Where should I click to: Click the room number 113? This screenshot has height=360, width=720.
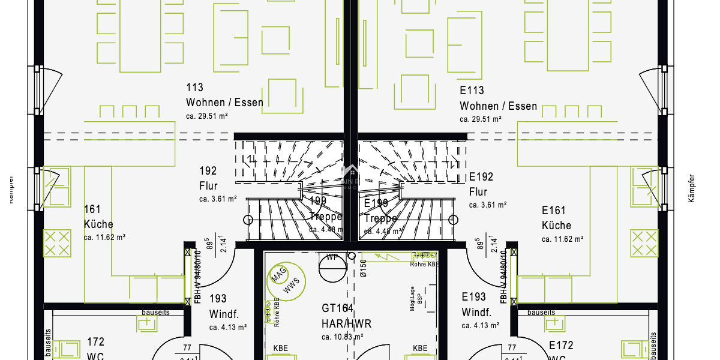[194, 88]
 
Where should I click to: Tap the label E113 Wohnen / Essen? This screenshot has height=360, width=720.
[498, 98]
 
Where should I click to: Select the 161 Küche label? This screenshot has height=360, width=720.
[98, 217]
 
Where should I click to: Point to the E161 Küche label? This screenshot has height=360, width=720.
[556, 218]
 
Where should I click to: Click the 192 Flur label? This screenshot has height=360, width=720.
[208, 178]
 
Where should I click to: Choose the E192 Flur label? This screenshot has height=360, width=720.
[481, 184]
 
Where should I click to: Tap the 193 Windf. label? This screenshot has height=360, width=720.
[223, 306]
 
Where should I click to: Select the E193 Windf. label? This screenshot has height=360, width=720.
[476, 305]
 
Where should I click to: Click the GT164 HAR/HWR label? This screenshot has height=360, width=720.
[346, 316]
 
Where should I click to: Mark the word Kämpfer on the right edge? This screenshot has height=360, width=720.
[691, 188]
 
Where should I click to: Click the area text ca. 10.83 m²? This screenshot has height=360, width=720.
[343, 337]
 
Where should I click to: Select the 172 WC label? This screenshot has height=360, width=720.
[95, 348]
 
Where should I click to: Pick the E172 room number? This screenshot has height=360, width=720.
[561, 346]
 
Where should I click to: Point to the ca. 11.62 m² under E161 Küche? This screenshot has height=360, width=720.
[562, 239]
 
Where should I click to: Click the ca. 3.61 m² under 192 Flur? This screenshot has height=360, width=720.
[218, 199]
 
